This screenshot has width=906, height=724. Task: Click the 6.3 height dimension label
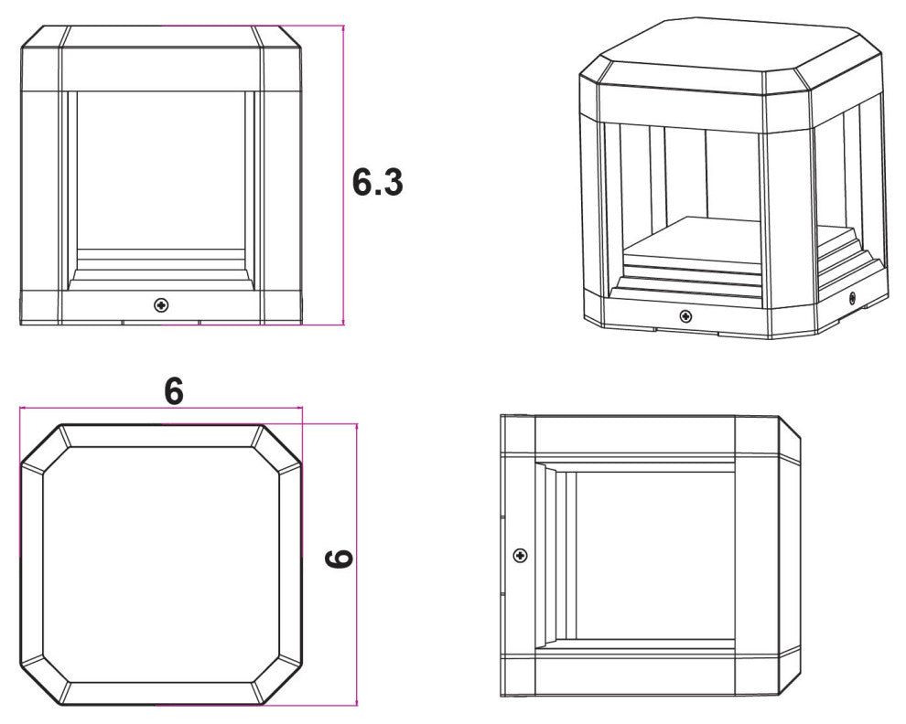point(377,183)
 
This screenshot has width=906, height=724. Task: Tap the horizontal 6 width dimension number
point(174,391)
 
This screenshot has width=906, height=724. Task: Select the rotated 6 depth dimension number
point(340,559)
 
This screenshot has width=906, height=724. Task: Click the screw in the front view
point(162,304)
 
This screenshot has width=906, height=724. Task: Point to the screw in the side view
point(521,556)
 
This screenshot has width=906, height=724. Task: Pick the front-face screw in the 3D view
point(685,315)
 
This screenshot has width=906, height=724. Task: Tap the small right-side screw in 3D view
point(852,298)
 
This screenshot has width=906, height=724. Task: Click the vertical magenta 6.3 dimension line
point(344,175)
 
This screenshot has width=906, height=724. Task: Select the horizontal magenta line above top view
point(161,408)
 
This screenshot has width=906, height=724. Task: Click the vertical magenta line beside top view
point(357,565)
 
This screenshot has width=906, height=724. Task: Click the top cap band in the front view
point(161,59)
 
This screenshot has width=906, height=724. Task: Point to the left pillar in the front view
point(40,190)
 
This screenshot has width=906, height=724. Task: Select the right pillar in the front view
point(282,190)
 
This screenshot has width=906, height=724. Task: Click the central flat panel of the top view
point(161,565)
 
